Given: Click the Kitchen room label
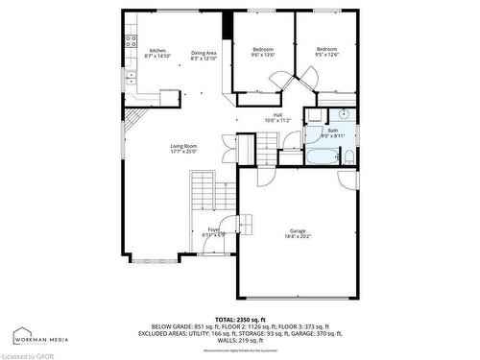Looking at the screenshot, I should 156,54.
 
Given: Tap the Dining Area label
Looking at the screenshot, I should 204,56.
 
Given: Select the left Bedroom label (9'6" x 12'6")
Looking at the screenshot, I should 263,52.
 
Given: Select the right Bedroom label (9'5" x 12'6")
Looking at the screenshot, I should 327,52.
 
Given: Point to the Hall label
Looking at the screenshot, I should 277,117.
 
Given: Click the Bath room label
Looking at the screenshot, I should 332,132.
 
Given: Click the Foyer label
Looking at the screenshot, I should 213,231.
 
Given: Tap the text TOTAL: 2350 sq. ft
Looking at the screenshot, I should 240,317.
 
